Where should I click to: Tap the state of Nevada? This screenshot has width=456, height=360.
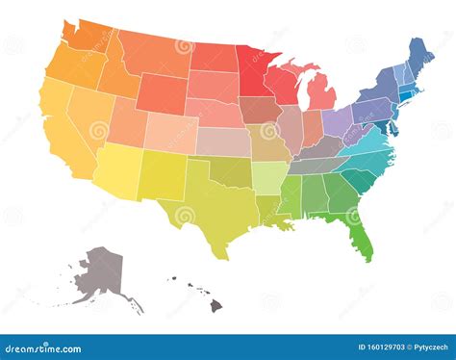tap(90, 115)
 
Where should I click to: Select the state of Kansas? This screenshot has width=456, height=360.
tap(223, 141)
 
